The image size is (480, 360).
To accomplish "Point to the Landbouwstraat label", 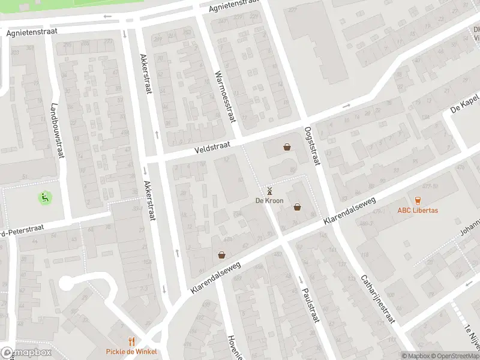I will point(57,129).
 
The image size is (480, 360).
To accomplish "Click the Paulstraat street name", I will point(310,306).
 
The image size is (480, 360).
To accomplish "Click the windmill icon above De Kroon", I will point(269,191).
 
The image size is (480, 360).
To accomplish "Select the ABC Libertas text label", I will point(418,211).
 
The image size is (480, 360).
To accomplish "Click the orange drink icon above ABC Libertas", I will point(418,200).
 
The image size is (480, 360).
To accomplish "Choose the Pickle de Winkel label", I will point(131,352).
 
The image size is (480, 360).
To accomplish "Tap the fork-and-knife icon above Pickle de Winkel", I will point(131,341).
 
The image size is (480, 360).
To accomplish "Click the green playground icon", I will point(44,196).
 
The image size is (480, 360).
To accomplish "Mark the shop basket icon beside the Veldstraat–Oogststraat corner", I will point(287,147).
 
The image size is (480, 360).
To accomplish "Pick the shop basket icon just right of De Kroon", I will point(297,207).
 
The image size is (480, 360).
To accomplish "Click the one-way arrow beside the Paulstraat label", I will point(301,280).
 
